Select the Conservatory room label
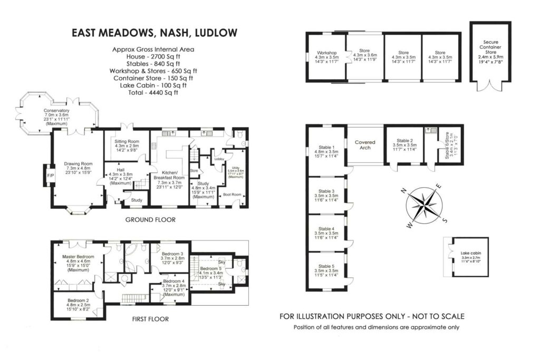pos(57,111)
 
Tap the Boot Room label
pos(230,195)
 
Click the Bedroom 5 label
pos(211,269)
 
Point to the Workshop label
pos(326,53)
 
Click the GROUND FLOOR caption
pos(150,219)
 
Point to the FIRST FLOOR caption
pos(150,319)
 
